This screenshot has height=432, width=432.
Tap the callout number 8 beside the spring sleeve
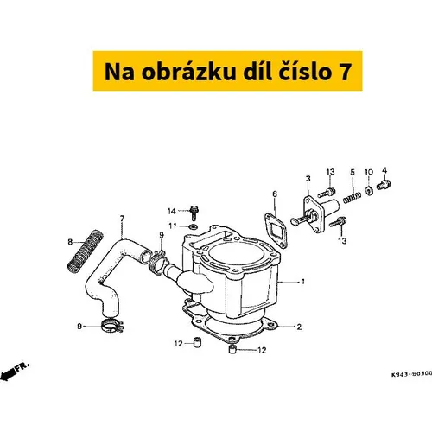click(x=70, y=242)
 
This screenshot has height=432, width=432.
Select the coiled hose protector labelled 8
click(x=85, y=251)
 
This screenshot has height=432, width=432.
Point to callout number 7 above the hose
click(x=122, y=219)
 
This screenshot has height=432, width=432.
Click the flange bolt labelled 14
click(x=194, y=213)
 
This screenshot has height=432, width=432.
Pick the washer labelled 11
click(x=193, y=226)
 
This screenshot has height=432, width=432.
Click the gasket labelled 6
click(x=276, y=229)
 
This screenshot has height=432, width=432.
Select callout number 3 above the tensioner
click(x=308, y=179)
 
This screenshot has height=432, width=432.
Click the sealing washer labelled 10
click(x=369, y=190)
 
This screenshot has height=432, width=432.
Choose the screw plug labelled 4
click(x=384, y=185)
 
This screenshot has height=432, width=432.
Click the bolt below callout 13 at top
click(x=327, y=193)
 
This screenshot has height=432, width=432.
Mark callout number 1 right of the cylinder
click(x=302, y=282)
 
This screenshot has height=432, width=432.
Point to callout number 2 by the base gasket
click(x=299, y=327)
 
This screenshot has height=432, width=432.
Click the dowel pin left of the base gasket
click(x=197, y=343)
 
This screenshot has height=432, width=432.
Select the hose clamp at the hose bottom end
click(x=112, y=326)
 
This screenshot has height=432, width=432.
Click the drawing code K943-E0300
click(x=411, y=374)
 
